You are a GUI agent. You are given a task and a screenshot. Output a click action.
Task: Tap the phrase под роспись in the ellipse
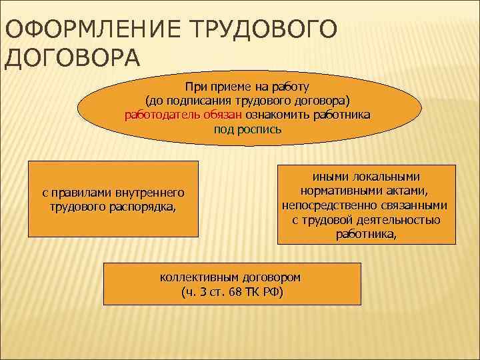pyautogui.click(x=248, y=129)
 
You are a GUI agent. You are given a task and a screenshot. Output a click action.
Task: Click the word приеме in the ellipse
pyautogui.click(x=230, y=86)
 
